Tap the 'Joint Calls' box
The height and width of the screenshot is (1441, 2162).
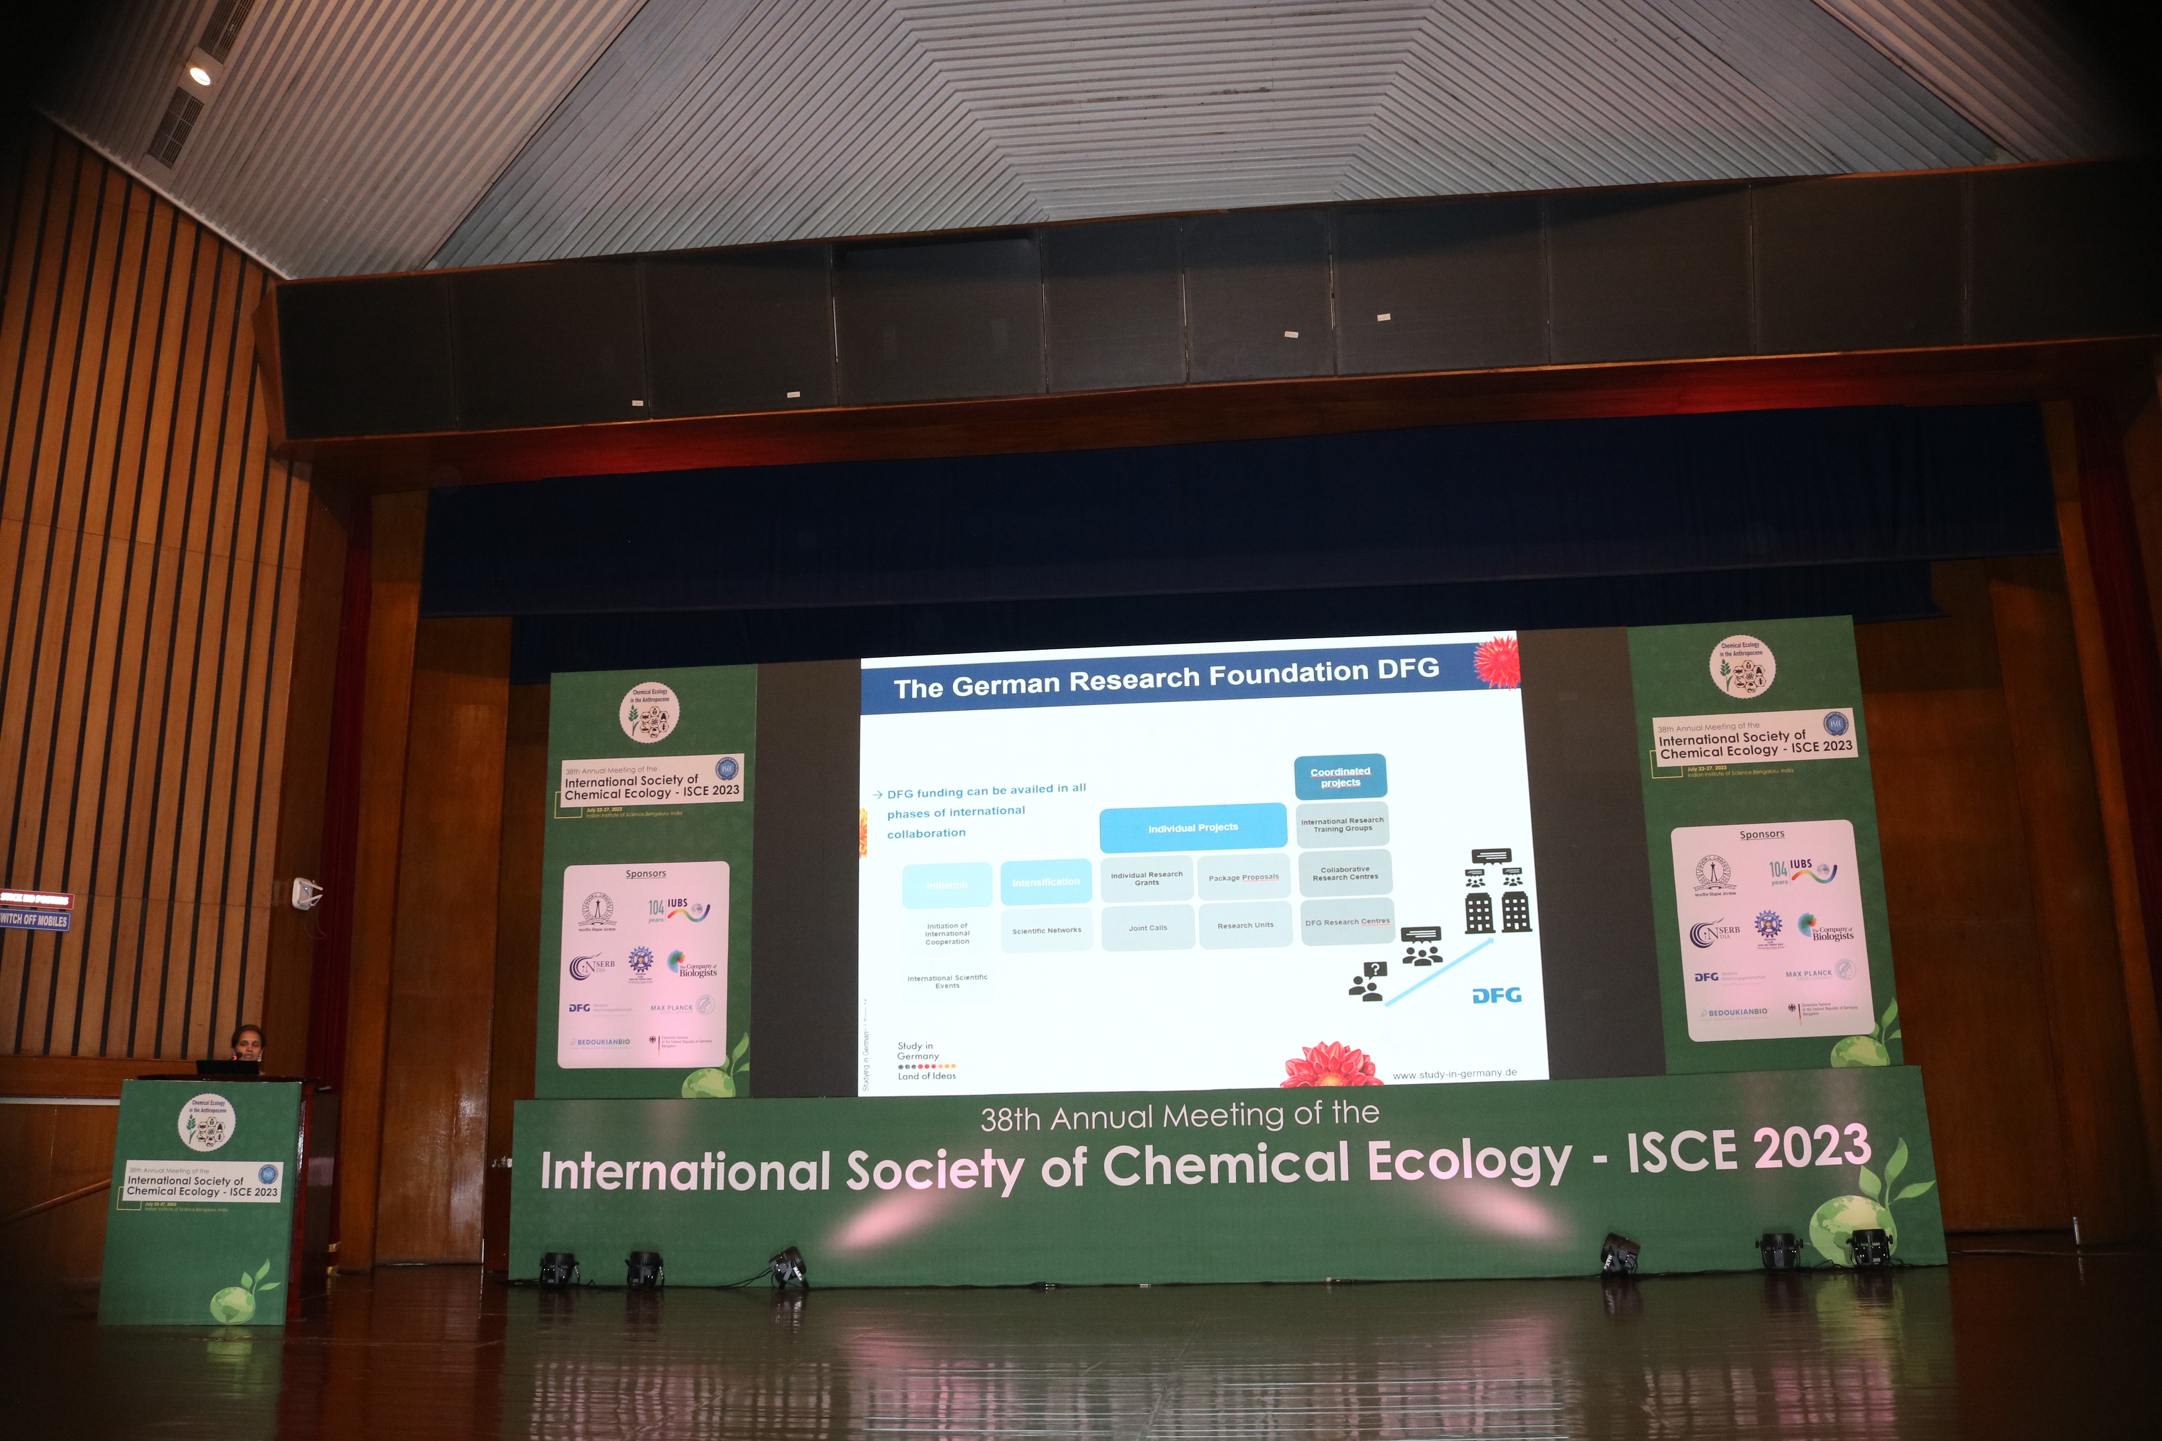tap(1148, 927)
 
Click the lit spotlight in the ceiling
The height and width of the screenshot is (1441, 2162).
tap(200, 75)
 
